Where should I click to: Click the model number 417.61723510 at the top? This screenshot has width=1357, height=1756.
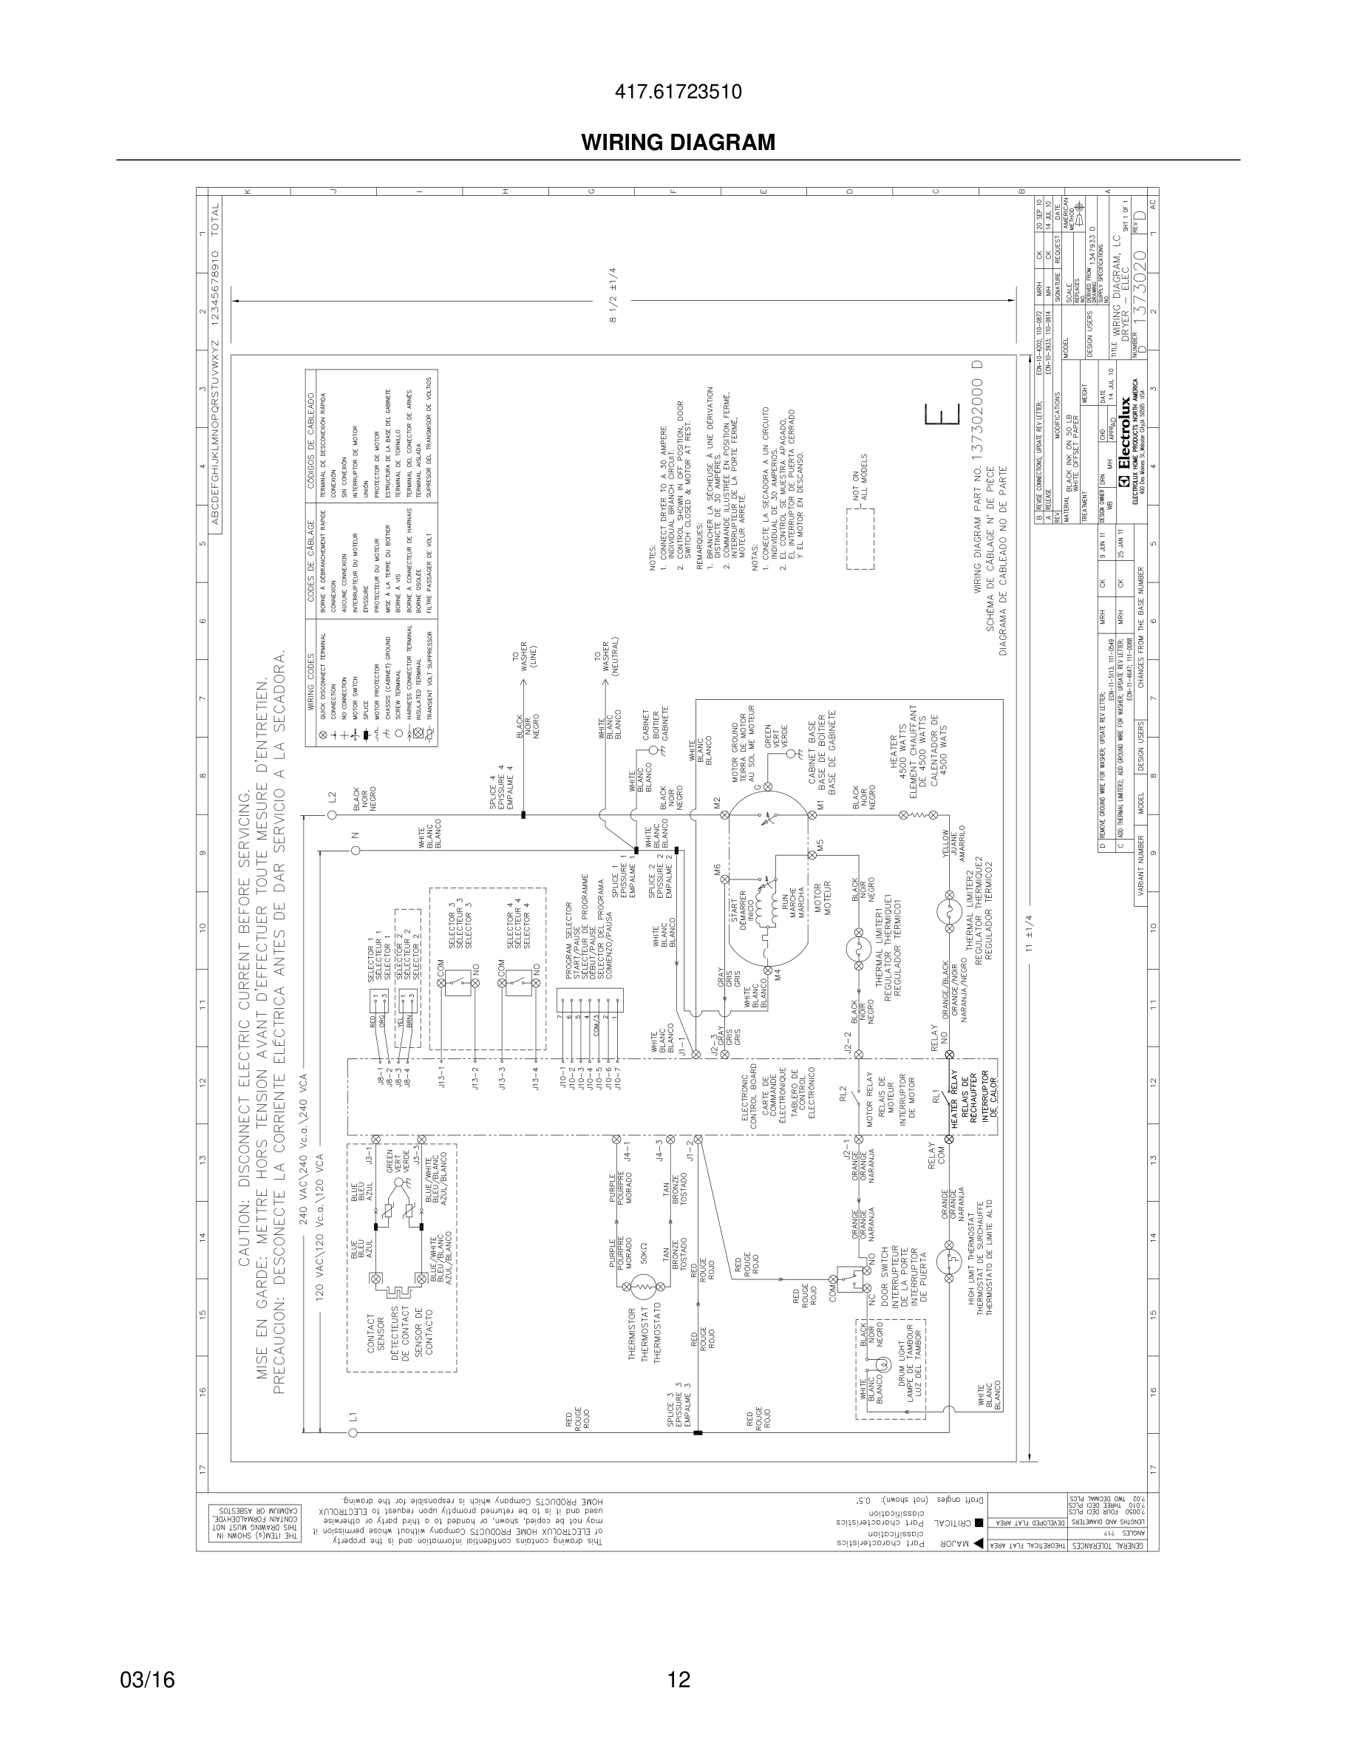click(x=678, y=92)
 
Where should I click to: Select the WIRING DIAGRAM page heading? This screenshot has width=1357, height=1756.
click(x=678, y=143)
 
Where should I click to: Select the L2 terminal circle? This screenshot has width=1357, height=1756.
click(x=332, y=815)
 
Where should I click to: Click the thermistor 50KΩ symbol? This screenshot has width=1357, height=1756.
click(x=643, y=1287)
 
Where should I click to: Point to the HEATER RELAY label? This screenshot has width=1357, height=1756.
click(x=955, y=1100)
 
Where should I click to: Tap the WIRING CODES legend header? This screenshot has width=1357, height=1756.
click(x=311, y=675)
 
